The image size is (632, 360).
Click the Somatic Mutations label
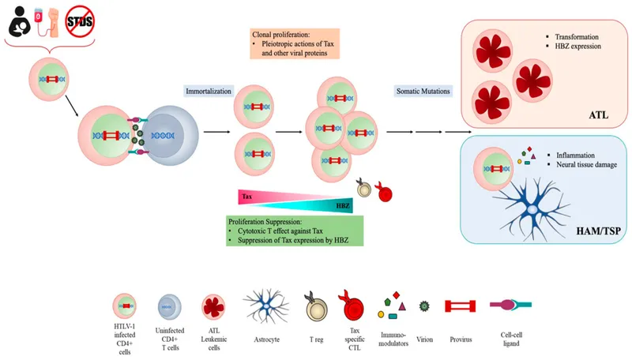point(423,92)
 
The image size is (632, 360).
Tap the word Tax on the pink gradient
point(246,193)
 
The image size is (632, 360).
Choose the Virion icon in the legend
point(425,304)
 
